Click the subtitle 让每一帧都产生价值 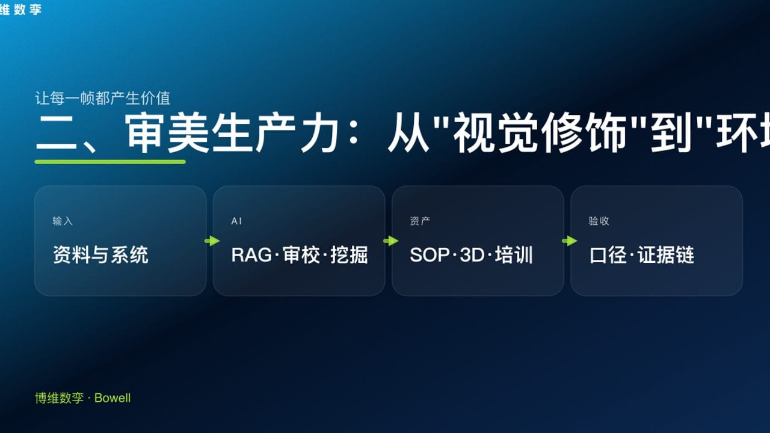click(103, 98)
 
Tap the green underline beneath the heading click(110, 162)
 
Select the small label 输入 click(63, 221)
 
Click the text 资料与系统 click(100, 255)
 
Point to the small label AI click(236, 221)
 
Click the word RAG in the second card click(251, 255)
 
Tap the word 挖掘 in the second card click(349, 255)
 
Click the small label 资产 click(420, 221)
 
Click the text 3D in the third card click(472, 255)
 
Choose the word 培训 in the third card click(514, 255)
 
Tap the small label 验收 click(599, 221)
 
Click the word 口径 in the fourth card click(608, 255)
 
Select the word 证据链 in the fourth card click(666, 255)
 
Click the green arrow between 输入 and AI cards click(212, 241)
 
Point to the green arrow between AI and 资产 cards click(390, 241)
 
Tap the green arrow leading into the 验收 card click(569, 241)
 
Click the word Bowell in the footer click(112, 398)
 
